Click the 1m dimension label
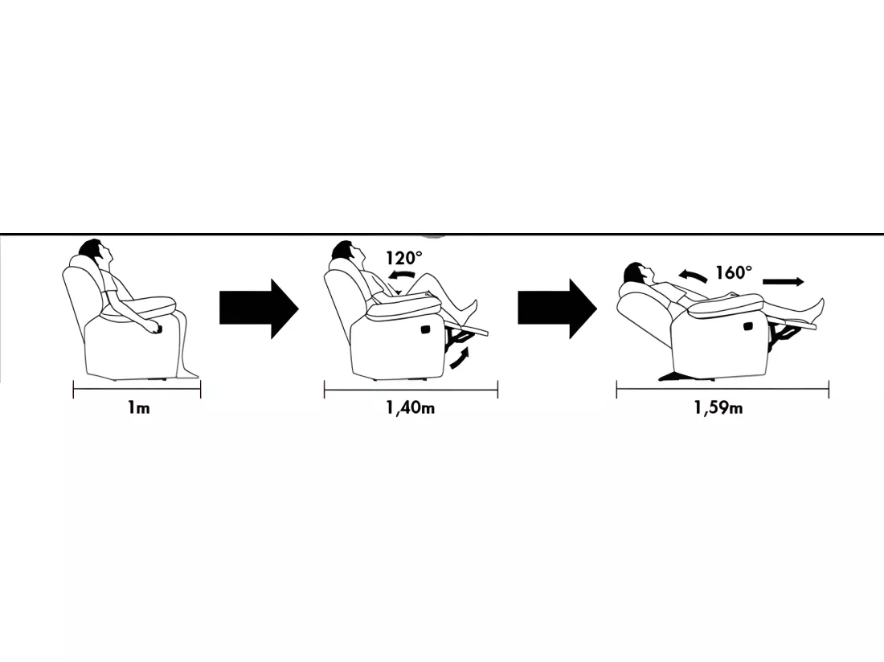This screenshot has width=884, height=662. point(139,407)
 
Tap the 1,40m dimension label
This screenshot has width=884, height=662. point(411,407)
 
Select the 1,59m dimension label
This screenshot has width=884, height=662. point(718,407)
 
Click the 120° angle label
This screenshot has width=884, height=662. point(403,258)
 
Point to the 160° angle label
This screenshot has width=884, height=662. point(734,272)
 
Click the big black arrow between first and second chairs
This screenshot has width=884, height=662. point(259,309)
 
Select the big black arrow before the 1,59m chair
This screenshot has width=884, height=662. point(557,309)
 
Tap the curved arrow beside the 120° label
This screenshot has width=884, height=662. point(401,276)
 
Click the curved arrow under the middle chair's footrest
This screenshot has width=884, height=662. point(460,359)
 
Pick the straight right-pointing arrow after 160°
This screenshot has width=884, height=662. point(783,282)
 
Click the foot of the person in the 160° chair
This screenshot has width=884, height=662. point(817,310)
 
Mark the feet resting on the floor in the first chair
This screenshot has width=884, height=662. point(188,373)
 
